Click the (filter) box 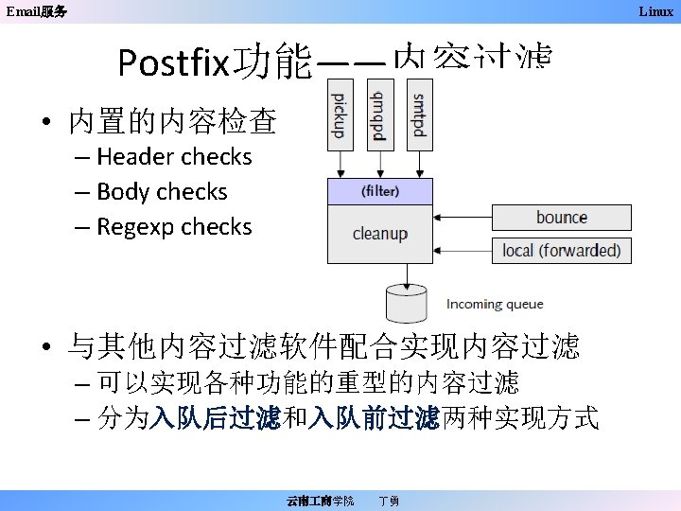[379, 191]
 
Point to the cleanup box [379, 234]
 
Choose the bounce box [561, 218]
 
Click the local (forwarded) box [561, 251]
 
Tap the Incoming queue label [495, 305]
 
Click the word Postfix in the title [174, 64]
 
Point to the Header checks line [174, 156]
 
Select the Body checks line [162, 191]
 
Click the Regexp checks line [174, 227]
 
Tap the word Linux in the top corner [655, 11]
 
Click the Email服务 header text [37, 11]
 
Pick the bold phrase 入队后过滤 [216, 417]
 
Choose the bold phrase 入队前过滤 [373, 417]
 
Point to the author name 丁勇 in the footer [388, 500]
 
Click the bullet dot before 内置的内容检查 [45, 123]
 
